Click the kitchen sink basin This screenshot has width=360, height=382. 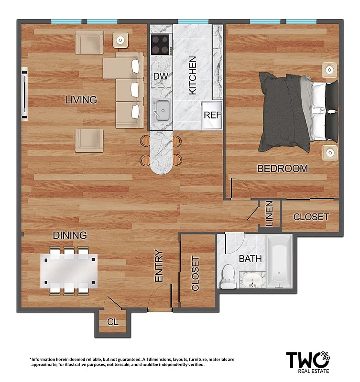pos(162,111)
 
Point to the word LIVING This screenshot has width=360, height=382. pos(81,100)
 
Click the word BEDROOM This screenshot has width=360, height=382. pos(282,169)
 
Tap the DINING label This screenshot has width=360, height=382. pos(70,235)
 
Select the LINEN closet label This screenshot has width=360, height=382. pos(269,213)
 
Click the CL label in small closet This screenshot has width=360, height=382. pos(112,322)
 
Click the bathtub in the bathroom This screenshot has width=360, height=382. pos(279,263)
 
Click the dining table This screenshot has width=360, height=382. pos(69,270)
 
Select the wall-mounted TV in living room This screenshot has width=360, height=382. pos(24,94)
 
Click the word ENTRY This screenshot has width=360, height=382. pos(159,266)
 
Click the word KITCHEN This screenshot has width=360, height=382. pos(193,75)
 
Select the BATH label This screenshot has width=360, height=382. pos(250,259)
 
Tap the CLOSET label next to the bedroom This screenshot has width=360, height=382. pos(311,217)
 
